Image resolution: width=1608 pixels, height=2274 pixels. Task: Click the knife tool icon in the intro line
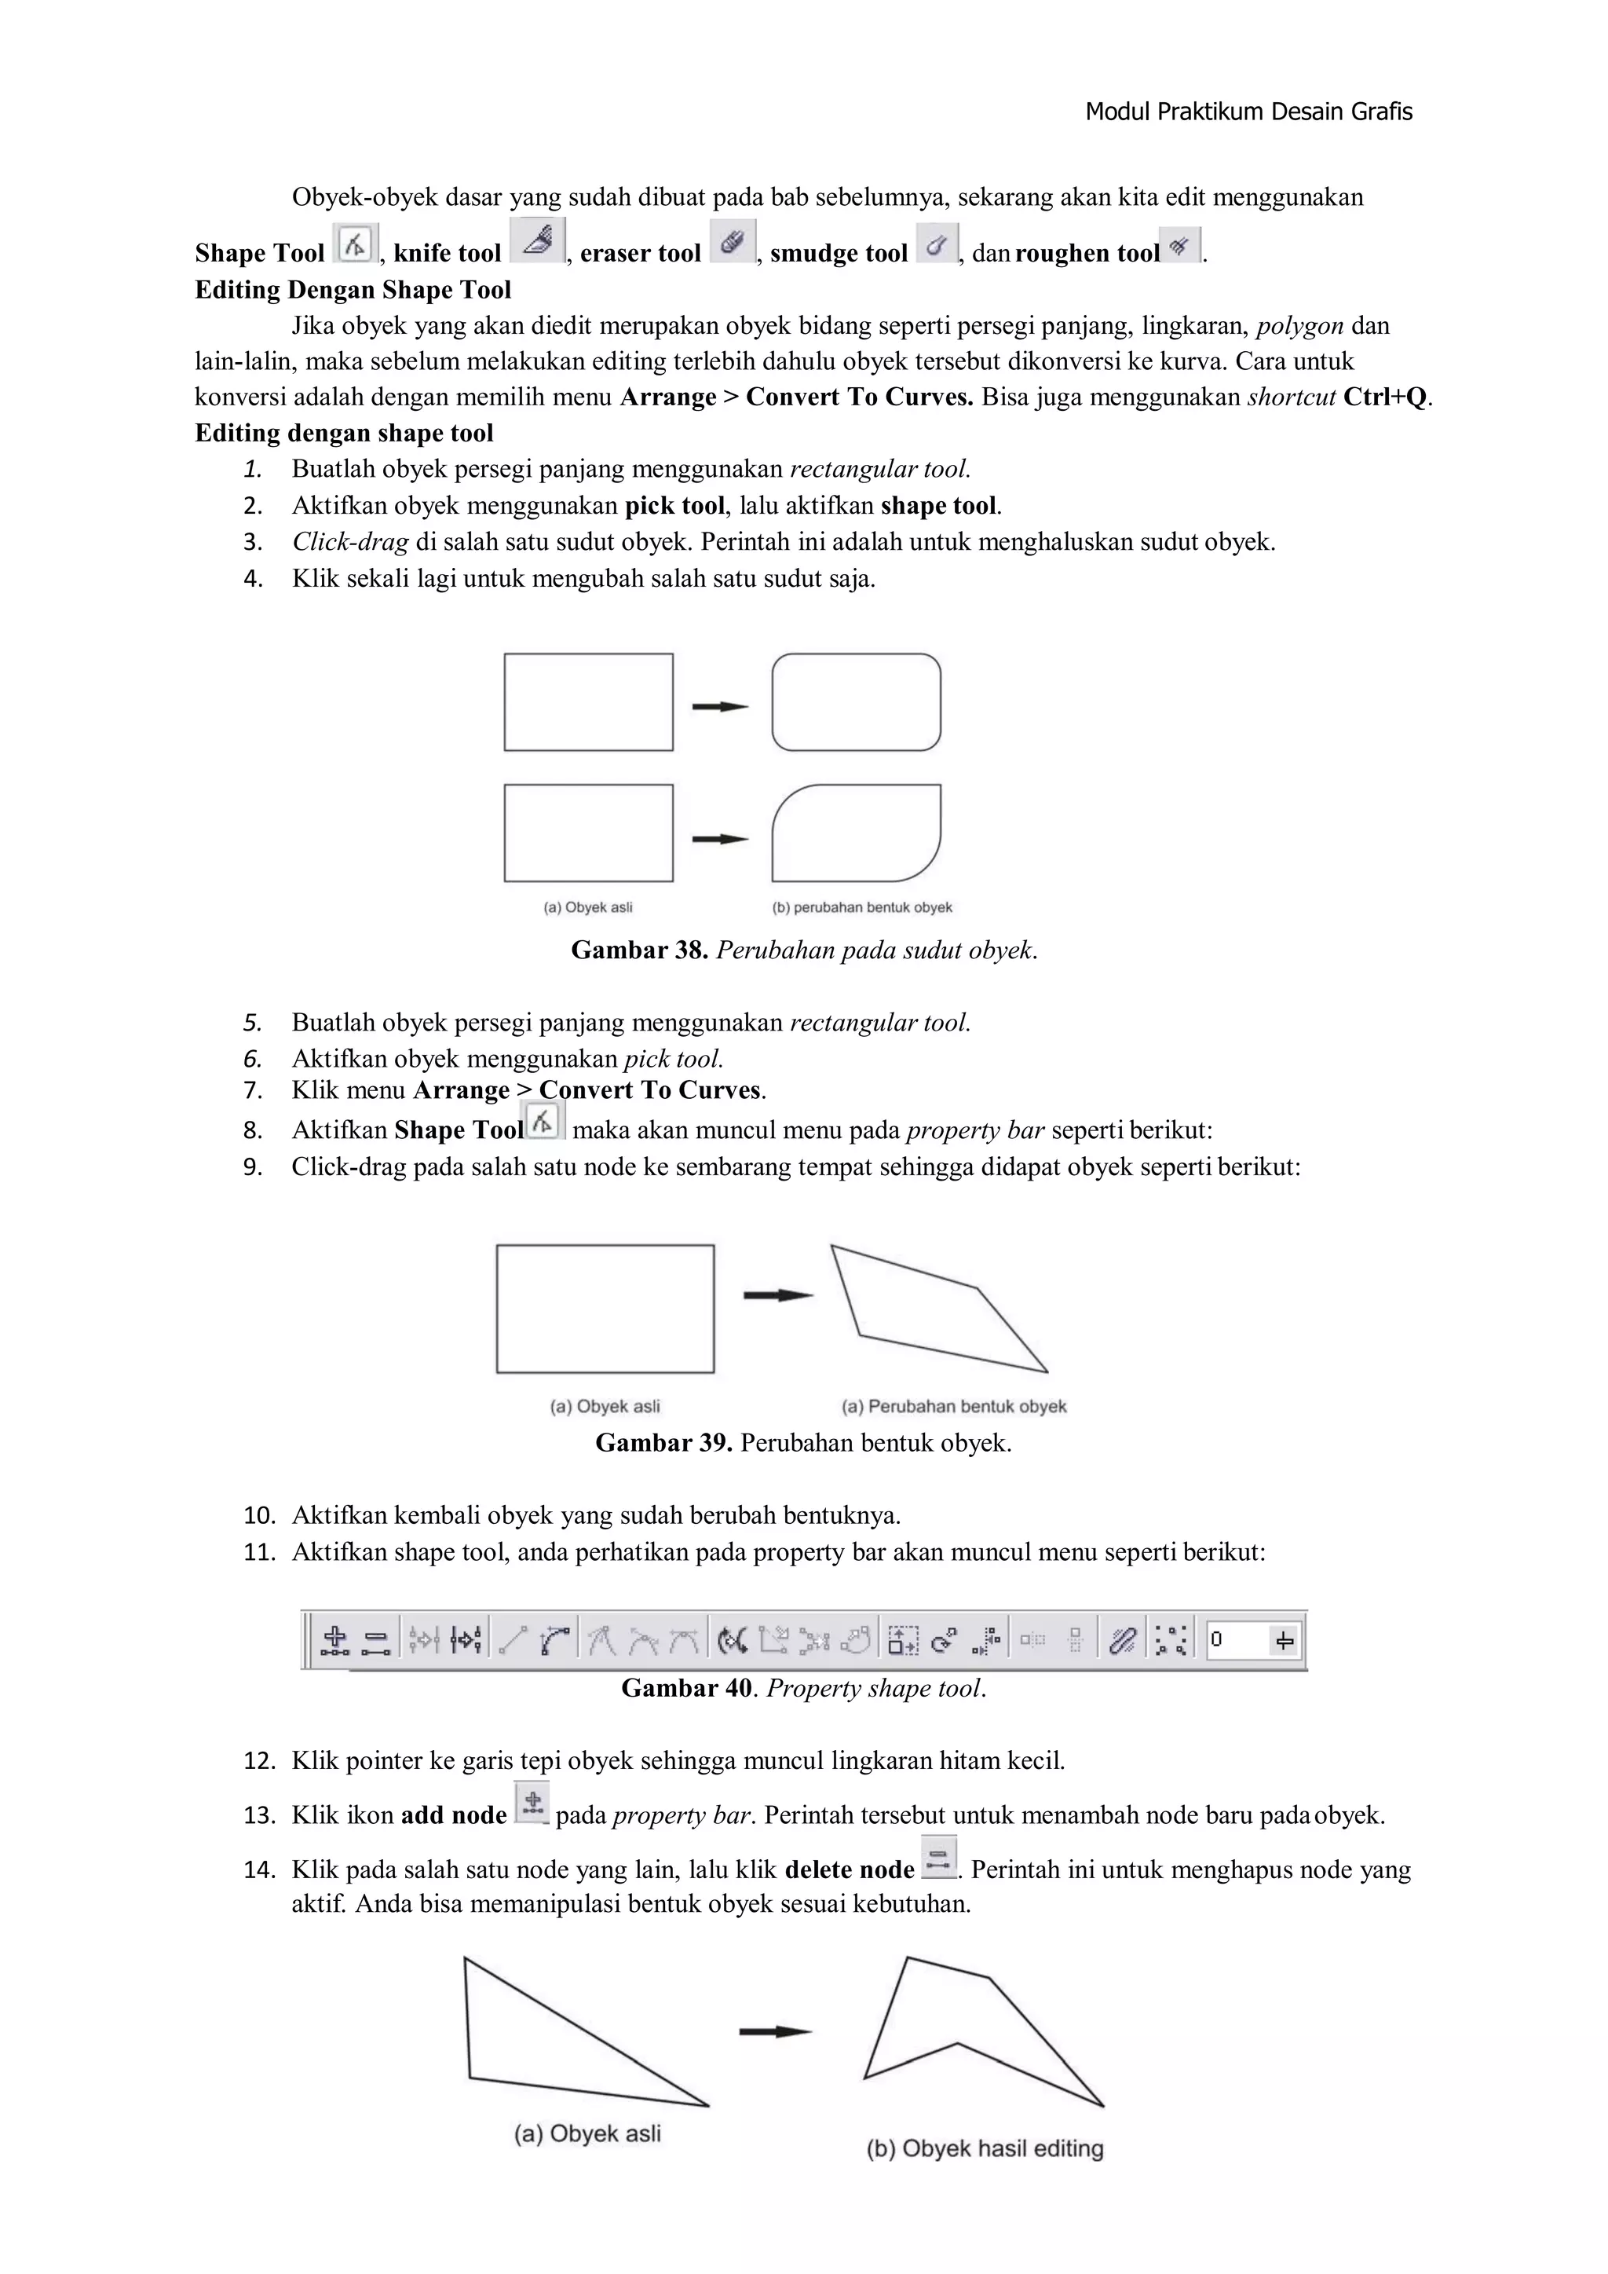click(x=538, y=240)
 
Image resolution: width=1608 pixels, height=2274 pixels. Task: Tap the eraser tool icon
click(x=733, y=242)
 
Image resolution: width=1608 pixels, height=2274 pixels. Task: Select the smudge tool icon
click(x=937, y=243)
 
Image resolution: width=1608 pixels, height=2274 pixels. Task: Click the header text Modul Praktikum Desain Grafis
click(x=1248, y=112)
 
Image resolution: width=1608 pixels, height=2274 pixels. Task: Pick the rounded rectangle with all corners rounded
click(x=857, y=701)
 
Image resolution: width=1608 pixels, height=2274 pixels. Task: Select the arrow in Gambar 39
click(x=778, y=1294)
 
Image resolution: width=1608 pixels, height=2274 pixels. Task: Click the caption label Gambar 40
click(x=686, y=1688)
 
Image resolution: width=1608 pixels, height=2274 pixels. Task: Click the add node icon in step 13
click(x=532, y=1802)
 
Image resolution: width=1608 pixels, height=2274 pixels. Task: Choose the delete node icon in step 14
click(x=937, y=1856)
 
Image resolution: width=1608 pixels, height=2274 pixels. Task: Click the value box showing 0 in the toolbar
click(x=1237, y=1639)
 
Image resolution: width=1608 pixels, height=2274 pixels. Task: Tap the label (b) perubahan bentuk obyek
click(x=861, y=907)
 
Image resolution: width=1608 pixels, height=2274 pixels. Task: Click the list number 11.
click(x=258, y=1552)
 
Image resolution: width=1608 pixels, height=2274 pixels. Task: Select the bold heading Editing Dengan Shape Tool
click(x=353, y=290)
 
